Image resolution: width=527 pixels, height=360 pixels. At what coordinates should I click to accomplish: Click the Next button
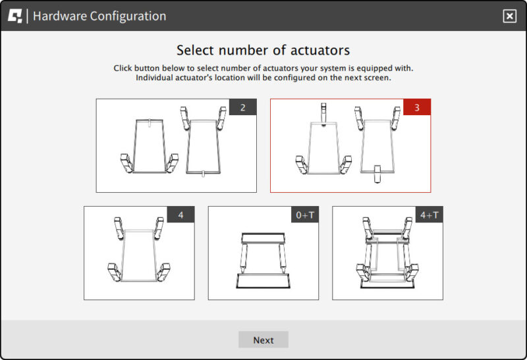(x=263, y=340)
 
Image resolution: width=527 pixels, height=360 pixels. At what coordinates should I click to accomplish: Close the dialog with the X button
(x=509, y=16)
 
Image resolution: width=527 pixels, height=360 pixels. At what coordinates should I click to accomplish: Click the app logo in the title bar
(x=14, y=16)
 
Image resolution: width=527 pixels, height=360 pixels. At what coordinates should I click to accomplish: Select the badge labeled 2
(x=242, y=107)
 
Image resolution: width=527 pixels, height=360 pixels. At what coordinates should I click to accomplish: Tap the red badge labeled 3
(x=417, y=107)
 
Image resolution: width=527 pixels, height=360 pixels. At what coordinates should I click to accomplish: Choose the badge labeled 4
(x=180, y=215)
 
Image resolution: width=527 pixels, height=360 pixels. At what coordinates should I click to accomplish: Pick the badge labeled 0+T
(x=305, y=215)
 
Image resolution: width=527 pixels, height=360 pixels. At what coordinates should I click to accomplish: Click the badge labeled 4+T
(x=430, y=215)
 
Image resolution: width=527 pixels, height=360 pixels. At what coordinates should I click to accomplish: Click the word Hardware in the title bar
(x=60, y=16)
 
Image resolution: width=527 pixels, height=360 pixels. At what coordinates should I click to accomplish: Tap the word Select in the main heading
(x=195, y=51)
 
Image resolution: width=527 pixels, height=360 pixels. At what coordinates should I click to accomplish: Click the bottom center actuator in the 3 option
(x=377, y=174)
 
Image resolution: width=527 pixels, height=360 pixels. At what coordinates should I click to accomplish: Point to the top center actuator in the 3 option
(x=323, y=114)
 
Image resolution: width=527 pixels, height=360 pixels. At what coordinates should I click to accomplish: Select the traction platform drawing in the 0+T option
(x=263, y=260)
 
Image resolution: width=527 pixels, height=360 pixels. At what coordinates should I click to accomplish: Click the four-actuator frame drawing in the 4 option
(x=139, y=249)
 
